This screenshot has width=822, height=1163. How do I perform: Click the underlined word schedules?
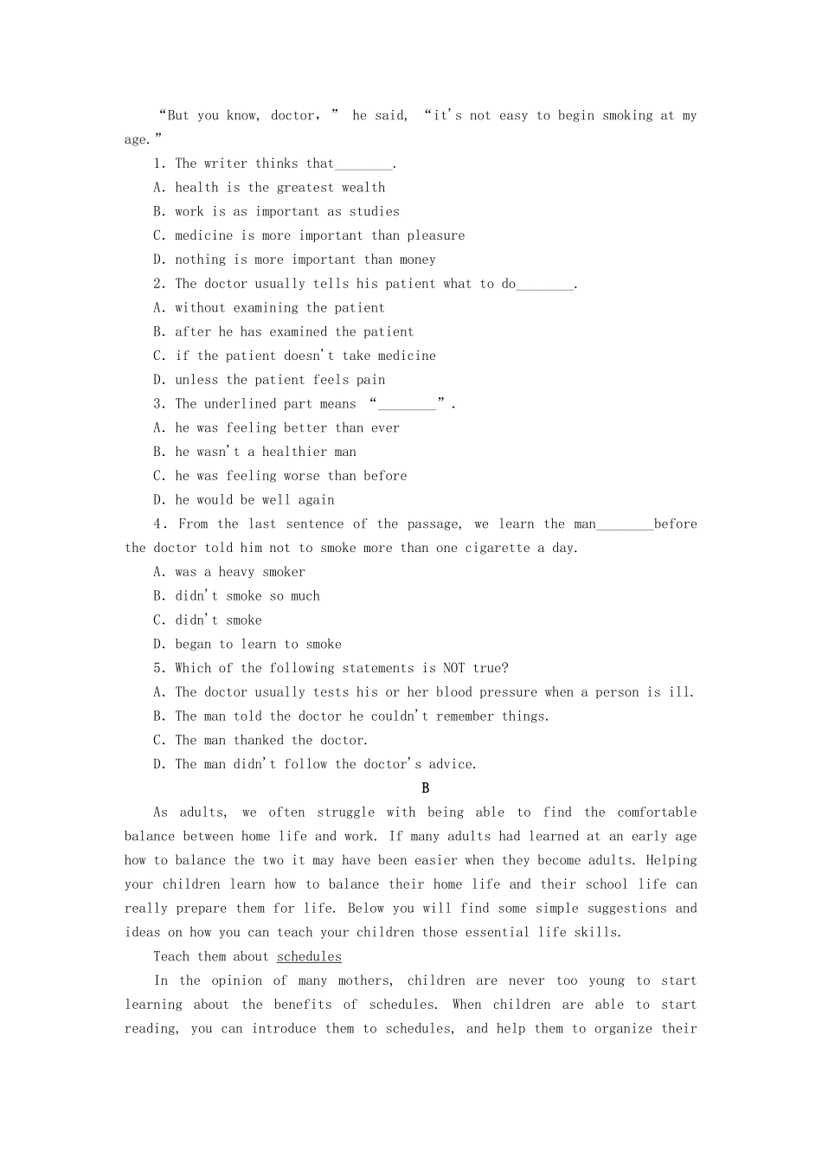pyautogui.click(x=309, y=957)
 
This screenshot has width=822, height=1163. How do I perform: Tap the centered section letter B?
pyautogui.click(x=425, y=788)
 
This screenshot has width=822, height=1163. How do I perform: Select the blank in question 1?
pyautogui.click(x=363, y=164)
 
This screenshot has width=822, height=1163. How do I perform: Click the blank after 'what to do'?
pyautogui.click(x=545, y=285)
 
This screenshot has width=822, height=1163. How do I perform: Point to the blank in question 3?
pyautogui.click(x=408, y=405)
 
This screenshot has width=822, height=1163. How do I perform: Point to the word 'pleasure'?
pyautogui.click(x=436, y=235)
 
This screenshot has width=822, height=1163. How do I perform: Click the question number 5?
pyautogui.click(x=158, y=668)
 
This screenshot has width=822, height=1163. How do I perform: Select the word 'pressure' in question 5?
pyautogui.click(x=509, y=692)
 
